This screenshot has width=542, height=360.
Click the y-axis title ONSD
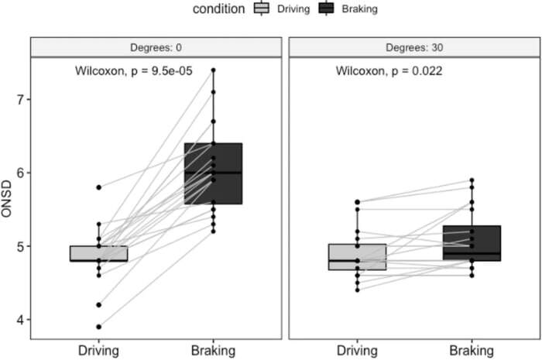coord(6,199)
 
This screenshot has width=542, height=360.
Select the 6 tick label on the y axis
coord(20,173)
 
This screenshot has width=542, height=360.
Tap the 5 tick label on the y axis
coord(20,246)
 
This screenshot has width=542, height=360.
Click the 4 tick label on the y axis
coord(20,320)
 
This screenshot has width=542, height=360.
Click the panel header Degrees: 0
coord(156,47)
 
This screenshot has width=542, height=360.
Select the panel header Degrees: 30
coord(414,47)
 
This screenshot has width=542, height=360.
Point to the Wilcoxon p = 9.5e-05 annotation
coord(134,70)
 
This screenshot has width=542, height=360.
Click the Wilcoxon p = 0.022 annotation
coord(389,70)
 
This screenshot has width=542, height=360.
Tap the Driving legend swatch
coord(262,8)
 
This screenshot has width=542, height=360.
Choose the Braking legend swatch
coord(326,8)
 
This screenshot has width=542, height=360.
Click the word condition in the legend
coord(218,9)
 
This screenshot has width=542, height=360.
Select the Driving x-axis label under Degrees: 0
coord(98,351)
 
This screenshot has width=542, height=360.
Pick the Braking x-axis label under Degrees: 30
coord(472,351)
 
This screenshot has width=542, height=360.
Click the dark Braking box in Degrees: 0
coord(213,173)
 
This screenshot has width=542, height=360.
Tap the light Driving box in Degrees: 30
coord(358,257)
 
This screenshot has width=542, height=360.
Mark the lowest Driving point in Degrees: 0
coord(99,327)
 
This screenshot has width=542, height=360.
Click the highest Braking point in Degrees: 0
coord(213,70)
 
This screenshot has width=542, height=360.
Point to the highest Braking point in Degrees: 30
coord(472,180)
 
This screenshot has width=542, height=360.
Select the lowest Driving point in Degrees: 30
coord(358,290)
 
